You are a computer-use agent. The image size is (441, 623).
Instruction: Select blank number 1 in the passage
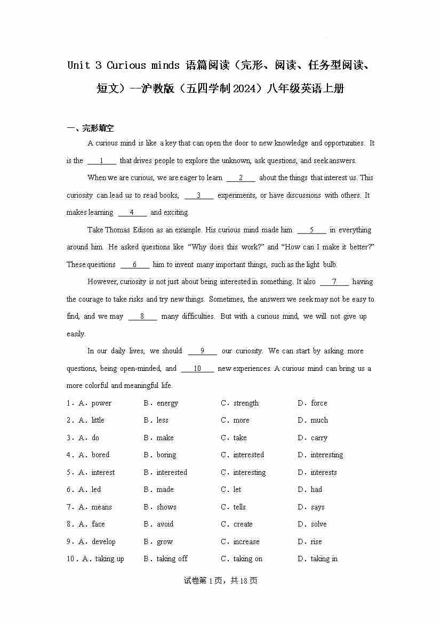pyautogui.click(x=101, y=161)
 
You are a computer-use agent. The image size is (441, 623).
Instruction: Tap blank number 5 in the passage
pyautogui.click(x=311, y=230)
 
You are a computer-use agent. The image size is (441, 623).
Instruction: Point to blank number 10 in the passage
pyautogui.click(x=197, y=369)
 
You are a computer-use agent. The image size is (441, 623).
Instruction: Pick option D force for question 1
pyautogui.click(x=319, y=403)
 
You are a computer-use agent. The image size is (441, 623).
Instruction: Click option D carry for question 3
pyautogui.click(x=319, y=438)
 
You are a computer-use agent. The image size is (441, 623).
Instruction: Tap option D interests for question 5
pyautogui.click(x=324, y=473)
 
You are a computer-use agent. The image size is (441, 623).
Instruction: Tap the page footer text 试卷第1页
pyautogui.click(x=213, y=581)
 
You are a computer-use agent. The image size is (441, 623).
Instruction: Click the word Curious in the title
pyautogui.click(x=126, y=66)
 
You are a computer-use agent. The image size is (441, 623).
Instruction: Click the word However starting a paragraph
pyautogui.click(x=102, y=282)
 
